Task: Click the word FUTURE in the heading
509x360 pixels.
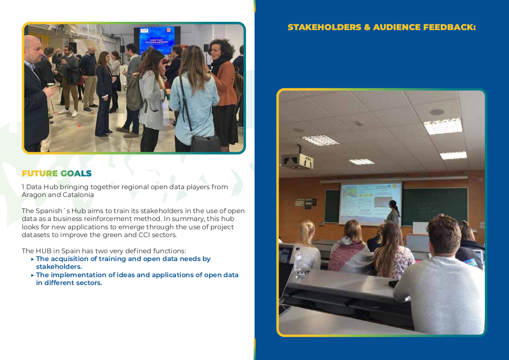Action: click(x=40, y=173)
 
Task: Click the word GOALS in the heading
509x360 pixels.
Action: click(x=76, y=173)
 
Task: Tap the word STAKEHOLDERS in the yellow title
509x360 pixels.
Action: click(x=324, y=27)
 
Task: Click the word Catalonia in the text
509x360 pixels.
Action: click(x=78, y=195)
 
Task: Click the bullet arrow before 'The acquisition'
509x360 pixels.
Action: click(x=33, y=259)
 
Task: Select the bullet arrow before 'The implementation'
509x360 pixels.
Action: click(x=33, y=275)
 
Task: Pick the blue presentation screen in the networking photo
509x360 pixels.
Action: click(x=157, y=40)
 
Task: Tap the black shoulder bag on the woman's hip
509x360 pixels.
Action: click(x=205, y=144)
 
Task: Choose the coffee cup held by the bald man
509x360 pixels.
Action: click(x=51, y=85)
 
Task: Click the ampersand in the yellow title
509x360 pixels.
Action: click(x=367, y=27)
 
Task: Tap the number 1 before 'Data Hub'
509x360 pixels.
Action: click(x=23, y=187)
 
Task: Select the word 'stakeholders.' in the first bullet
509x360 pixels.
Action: click(x=59, y=267)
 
